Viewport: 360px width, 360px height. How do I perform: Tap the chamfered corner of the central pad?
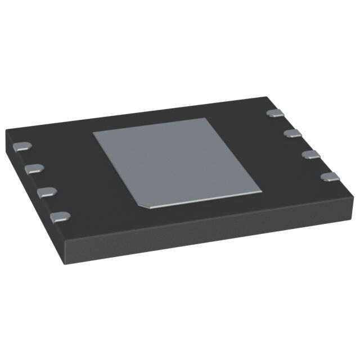pos(145,205)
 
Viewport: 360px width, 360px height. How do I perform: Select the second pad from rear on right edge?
pos(291,133)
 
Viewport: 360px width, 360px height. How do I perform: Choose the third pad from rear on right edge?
pos(310,154)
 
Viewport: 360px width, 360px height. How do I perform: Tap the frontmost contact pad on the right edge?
pos(329,177)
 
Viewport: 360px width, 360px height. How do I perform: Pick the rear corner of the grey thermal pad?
pos(206,119)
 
